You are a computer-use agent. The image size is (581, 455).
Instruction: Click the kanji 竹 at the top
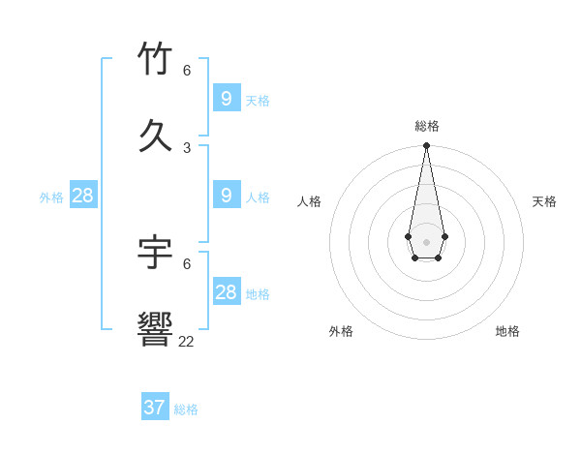point(155,59)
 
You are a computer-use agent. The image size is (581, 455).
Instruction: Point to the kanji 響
point(155,329)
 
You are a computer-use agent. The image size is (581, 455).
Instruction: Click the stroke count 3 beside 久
point(187,147)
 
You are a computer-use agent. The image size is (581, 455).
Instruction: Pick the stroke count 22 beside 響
point(186,341)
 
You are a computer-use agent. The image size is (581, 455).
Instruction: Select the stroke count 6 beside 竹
point(187,71)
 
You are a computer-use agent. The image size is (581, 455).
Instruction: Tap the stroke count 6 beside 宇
point(187,263)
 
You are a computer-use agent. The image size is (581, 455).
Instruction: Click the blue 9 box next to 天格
point(227,98)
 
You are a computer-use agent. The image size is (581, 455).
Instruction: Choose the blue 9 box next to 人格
point(227,195)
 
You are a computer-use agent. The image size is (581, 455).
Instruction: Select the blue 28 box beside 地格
point(227,291)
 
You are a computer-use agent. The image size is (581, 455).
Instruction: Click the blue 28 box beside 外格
point(83,195)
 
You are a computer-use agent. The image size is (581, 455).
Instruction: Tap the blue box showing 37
point(155,408)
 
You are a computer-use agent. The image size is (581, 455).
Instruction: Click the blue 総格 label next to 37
point(186,409)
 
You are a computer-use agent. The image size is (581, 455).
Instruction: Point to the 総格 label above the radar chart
point(427,126)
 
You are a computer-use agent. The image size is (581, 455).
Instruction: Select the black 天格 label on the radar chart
point(544,201)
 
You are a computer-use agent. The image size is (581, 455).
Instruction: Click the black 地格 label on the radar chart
point(507,331)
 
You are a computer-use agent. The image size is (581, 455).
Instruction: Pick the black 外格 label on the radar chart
point(341,331)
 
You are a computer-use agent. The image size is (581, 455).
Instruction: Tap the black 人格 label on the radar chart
point(310,201)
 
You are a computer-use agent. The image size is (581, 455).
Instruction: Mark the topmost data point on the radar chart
point(426,145)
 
